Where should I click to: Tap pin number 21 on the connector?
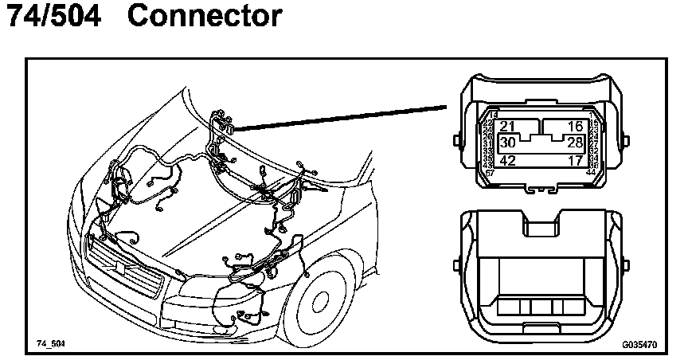[508, 127]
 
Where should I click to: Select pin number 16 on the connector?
[575, 127]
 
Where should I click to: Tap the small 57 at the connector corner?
[489, 172]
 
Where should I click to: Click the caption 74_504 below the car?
[50, 344]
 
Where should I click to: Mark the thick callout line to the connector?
[342, 116]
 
